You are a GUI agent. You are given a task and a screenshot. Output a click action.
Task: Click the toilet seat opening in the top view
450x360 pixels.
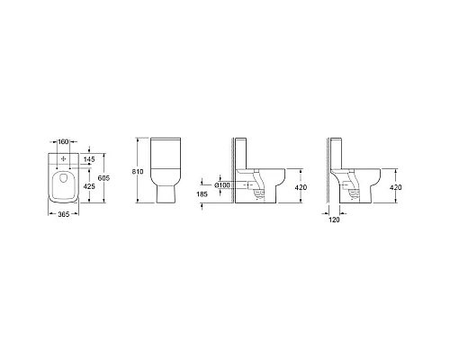[x=61, y=186]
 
